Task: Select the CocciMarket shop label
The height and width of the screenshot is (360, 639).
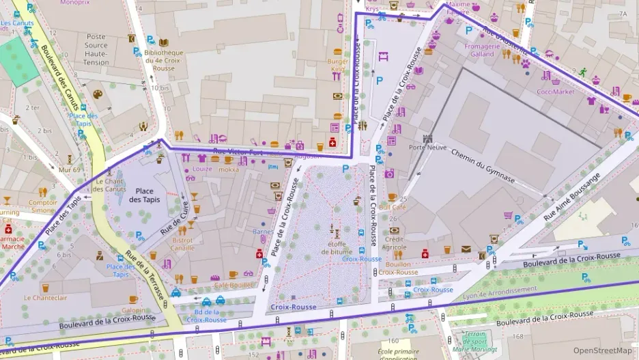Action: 556,92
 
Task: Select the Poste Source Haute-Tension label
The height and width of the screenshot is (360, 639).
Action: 96,49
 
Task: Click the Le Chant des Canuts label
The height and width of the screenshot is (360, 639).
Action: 110,184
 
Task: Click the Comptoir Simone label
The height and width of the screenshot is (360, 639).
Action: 42,207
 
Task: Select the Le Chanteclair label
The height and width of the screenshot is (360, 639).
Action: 45,298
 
